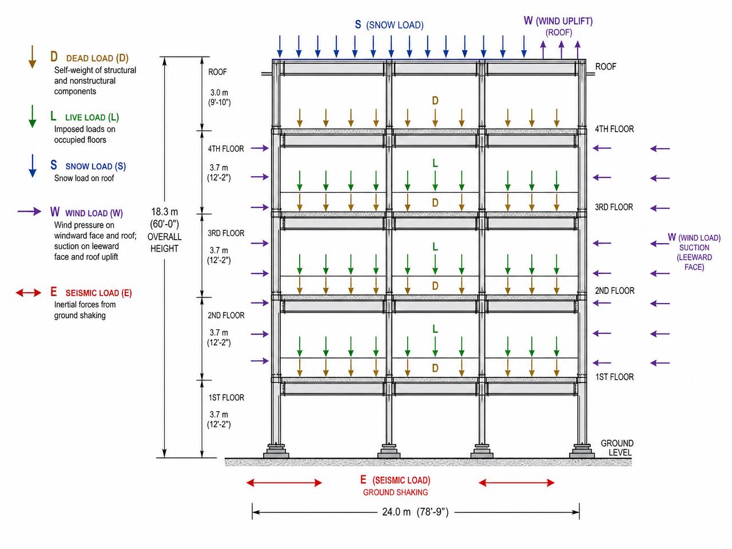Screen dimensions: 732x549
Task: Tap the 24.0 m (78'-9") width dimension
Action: coord(415,512)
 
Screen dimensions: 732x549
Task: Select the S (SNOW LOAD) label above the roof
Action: coord(389,25)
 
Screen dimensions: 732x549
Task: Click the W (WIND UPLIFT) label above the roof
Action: coord(558,21)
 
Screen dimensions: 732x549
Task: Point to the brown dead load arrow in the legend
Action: coord(32,57)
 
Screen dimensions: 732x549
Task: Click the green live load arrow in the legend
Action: coord(32,116)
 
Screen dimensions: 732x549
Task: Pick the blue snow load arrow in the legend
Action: coord(33,166)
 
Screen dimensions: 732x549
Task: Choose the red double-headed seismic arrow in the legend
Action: coord(29,293)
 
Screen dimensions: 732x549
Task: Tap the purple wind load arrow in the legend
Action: coord(29,212)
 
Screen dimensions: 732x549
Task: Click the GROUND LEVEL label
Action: coord(616,448)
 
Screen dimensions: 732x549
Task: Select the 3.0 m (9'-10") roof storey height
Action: coord(219,97)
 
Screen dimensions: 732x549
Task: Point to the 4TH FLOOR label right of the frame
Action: coord(614,129)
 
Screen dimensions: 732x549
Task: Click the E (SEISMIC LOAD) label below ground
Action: coord(395,480)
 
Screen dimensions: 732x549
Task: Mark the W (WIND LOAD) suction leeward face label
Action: coord(694,252)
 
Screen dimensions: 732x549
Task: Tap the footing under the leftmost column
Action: coord(276,451)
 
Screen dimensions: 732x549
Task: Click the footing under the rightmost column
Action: coord(582,451)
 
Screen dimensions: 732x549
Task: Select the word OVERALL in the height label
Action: coord(164,237)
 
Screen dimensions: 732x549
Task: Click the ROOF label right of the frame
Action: coord(606,67)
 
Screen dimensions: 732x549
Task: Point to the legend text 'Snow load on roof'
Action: coord(84,178)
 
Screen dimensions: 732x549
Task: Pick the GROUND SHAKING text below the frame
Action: coord(395,492)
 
